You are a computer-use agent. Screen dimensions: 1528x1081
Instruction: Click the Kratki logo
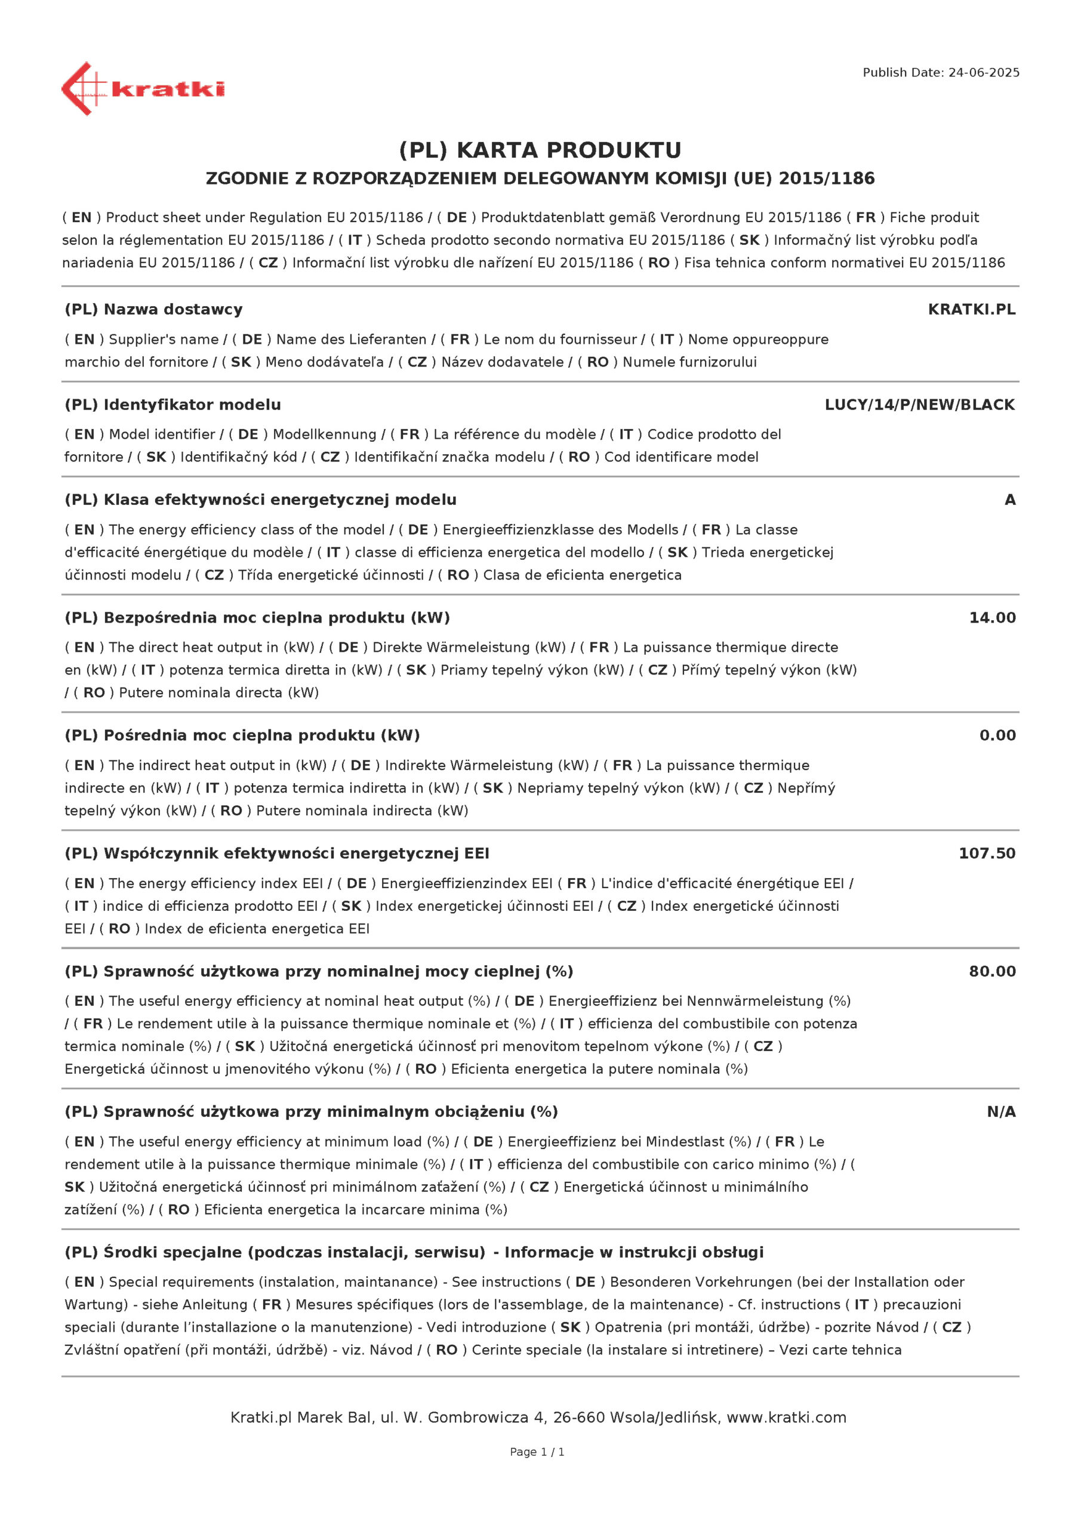[x=143, y=88]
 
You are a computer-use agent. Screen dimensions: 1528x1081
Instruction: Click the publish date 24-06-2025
[x=983, y=73]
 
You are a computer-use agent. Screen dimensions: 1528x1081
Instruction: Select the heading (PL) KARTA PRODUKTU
[x=540, y=150]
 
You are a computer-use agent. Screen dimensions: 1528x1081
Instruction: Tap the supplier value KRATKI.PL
[x=971, y=309]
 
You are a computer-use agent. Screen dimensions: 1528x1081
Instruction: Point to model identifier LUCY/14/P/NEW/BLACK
[x=919, y=405]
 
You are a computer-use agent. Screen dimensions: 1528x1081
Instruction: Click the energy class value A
[x=1009, y=500]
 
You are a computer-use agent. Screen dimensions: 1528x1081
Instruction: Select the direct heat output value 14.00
[x=992, y=618]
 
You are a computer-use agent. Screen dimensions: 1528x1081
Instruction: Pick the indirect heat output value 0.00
[x=997, y=735]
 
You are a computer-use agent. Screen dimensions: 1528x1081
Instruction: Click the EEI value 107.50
[x=987, y=853]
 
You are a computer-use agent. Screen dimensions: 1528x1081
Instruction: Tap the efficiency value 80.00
[x=992, y=971]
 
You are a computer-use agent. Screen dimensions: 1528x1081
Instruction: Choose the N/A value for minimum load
[x=1000, y=1111]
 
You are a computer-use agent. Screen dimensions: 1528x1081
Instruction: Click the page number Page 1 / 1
[x=537, y=1452]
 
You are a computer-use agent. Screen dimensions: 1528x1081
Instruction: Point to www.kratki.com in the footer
[x=786, y=1417]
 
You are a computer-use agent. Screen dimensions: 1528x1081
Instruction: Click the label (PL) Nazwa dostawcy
[x=154, y=309]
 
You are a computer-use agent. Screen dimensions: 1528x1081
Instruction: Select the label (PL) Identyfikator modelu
[x=173, y=405]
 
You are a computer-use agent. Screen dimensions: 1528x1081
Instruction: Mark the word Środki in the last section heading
[x=127, y=1252]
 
